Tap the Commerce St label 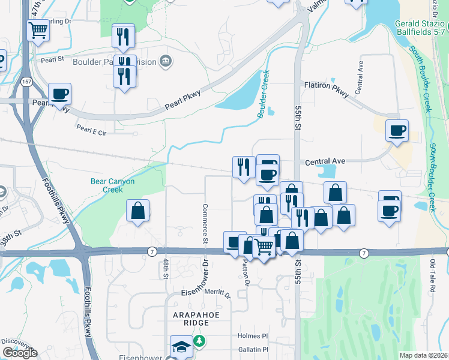[x=205, y=224]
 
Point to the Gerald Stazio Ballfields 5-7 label [x=420, y=27]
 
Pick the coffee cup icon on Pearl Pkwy [x=60, y=94]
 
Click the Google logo [x=20, y=353]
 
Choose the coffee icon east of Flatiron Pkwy [x=397, y=130]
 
